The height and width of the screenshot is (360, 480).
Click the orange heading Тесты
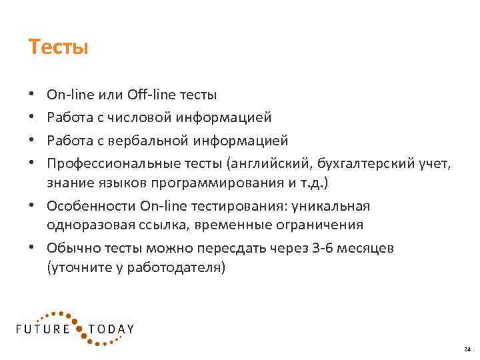[x=59, y=47]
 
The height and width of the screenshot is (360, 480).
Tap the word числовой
[x=142, y=117]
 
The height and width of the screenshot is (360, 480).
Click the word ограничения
[x=326, y=225]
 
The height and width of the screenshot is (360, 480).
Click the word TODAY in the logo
[x=112, y=329]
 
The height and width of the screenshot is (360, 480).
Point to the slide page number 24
[x=466, y=349]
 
